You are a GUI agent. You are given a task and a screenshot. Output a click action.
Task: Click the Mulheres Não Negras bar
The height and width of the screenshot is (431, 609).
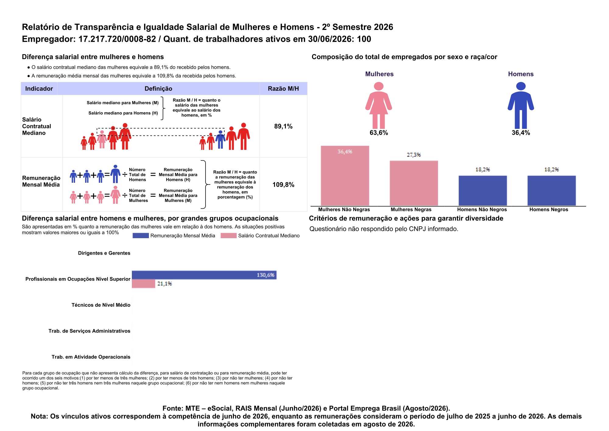point(345,176)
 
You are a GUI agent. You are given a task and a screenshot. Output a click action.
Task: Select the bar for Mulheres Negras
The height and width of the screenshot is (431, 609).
point(414,183)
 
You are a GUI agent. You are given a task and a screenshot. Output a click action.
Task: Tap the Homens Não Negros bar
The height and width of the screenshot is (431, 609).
point(483,191)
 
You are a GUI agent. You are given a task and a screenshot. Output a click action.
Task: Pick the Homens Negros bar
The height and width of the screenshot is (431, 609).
point(551,191)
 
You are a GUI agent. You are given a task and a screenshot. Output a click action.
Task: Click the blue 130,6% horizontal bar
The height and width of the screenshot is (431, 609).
point(204,275)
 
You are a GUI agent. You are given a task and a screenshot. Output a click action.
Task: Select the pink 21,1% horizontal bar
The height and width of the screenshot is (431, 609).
point(143,284)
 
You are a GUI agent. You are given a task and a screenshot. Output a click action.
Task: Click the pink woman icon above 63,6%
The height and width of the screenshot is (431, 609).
point(378,105)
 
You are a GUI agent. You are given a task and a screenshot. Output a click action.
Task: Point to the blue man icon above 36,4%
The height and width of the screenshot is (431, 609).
point(521,105)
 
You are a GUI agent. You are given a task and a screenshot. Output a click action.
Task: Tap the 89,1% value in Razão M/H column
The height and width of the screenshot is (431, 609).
point(283,126)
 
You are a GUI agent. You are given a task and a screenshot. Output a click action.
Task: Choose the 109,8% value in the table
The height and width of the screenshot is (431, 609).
point(283,185)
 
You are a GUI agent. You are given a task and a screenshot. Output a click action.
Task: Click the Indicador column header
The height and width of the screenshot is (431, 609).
point(39,89)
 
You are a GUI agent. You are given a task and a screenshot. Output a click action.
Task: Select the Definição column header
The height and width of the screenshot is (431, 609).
point(158,89)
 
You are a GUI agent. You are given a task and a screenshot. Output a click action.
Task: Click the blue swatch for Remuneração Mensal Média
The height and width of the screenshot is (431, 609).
point(141,235)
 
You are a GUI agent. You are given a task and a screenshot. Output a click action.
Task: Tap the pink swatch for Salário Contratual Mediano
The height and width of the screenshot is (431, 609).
point(229,235)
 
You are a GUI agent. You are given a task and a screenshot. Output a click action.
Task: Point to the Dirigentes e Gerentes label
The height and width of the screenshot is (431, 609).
point(104,253)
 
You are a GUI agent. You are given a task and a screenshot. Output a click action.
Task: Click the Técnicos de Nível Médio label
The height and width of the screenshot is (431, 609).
point(101,305)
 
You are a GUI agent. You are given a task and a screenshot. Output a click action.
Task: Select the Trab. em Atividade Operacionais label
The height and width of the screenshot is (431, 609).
point(91,357)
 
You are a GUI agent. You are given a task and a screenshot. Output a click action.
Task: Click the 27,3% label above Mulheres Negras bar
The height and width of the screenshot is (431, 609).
point(414,155)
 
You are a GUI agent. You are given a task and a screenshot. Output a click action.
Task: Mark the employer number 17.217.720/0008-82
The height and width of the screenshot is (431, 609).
point(117,39)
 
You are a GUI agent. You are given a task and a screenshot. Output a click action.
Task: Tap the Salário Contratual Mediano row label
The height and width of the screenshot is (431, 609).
point(37,126)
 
